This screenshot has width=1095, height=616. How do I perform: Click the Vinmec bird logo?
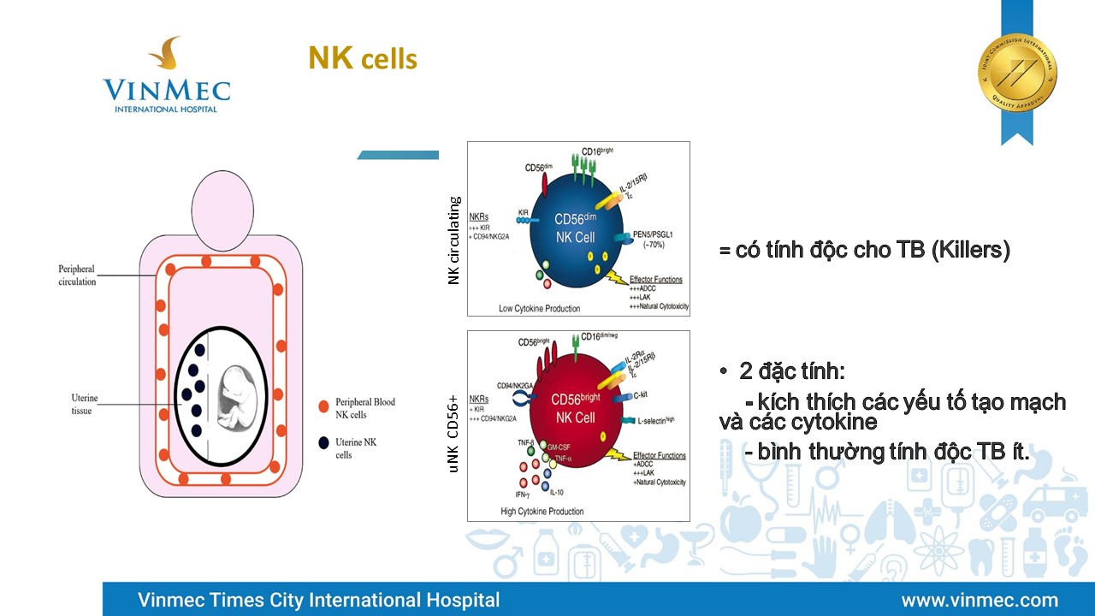point(165,55)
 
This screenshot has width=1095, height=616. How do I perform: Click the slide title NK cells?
point(363,58)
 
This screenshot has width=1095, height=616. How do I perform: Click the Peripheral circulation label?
point(77,275)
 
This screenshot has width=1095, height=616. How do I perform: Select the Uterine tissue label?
point(85,405)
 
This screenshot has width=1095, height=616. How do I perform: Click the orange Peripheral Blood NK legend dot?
point(323,406)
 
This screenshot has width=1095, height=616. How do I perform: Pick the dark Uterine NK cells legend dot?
point(323,443)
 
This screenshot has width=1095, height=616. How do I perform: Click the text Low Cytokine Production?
point(539,308)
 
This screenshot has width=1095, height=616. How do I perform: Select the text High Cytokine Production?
point(542,512)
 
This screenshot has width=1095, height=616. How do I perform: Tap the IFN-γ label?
point(524,495)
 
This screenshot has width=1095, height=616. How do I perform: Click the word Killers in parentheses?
point(969,251)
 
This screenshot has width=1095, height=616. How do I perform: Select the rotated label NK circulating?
point(454,240)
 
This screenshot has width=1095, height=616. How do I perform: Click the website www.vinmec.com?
point(980,600)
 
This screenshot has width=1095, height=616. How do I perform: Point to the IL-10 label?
point(557,493)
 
